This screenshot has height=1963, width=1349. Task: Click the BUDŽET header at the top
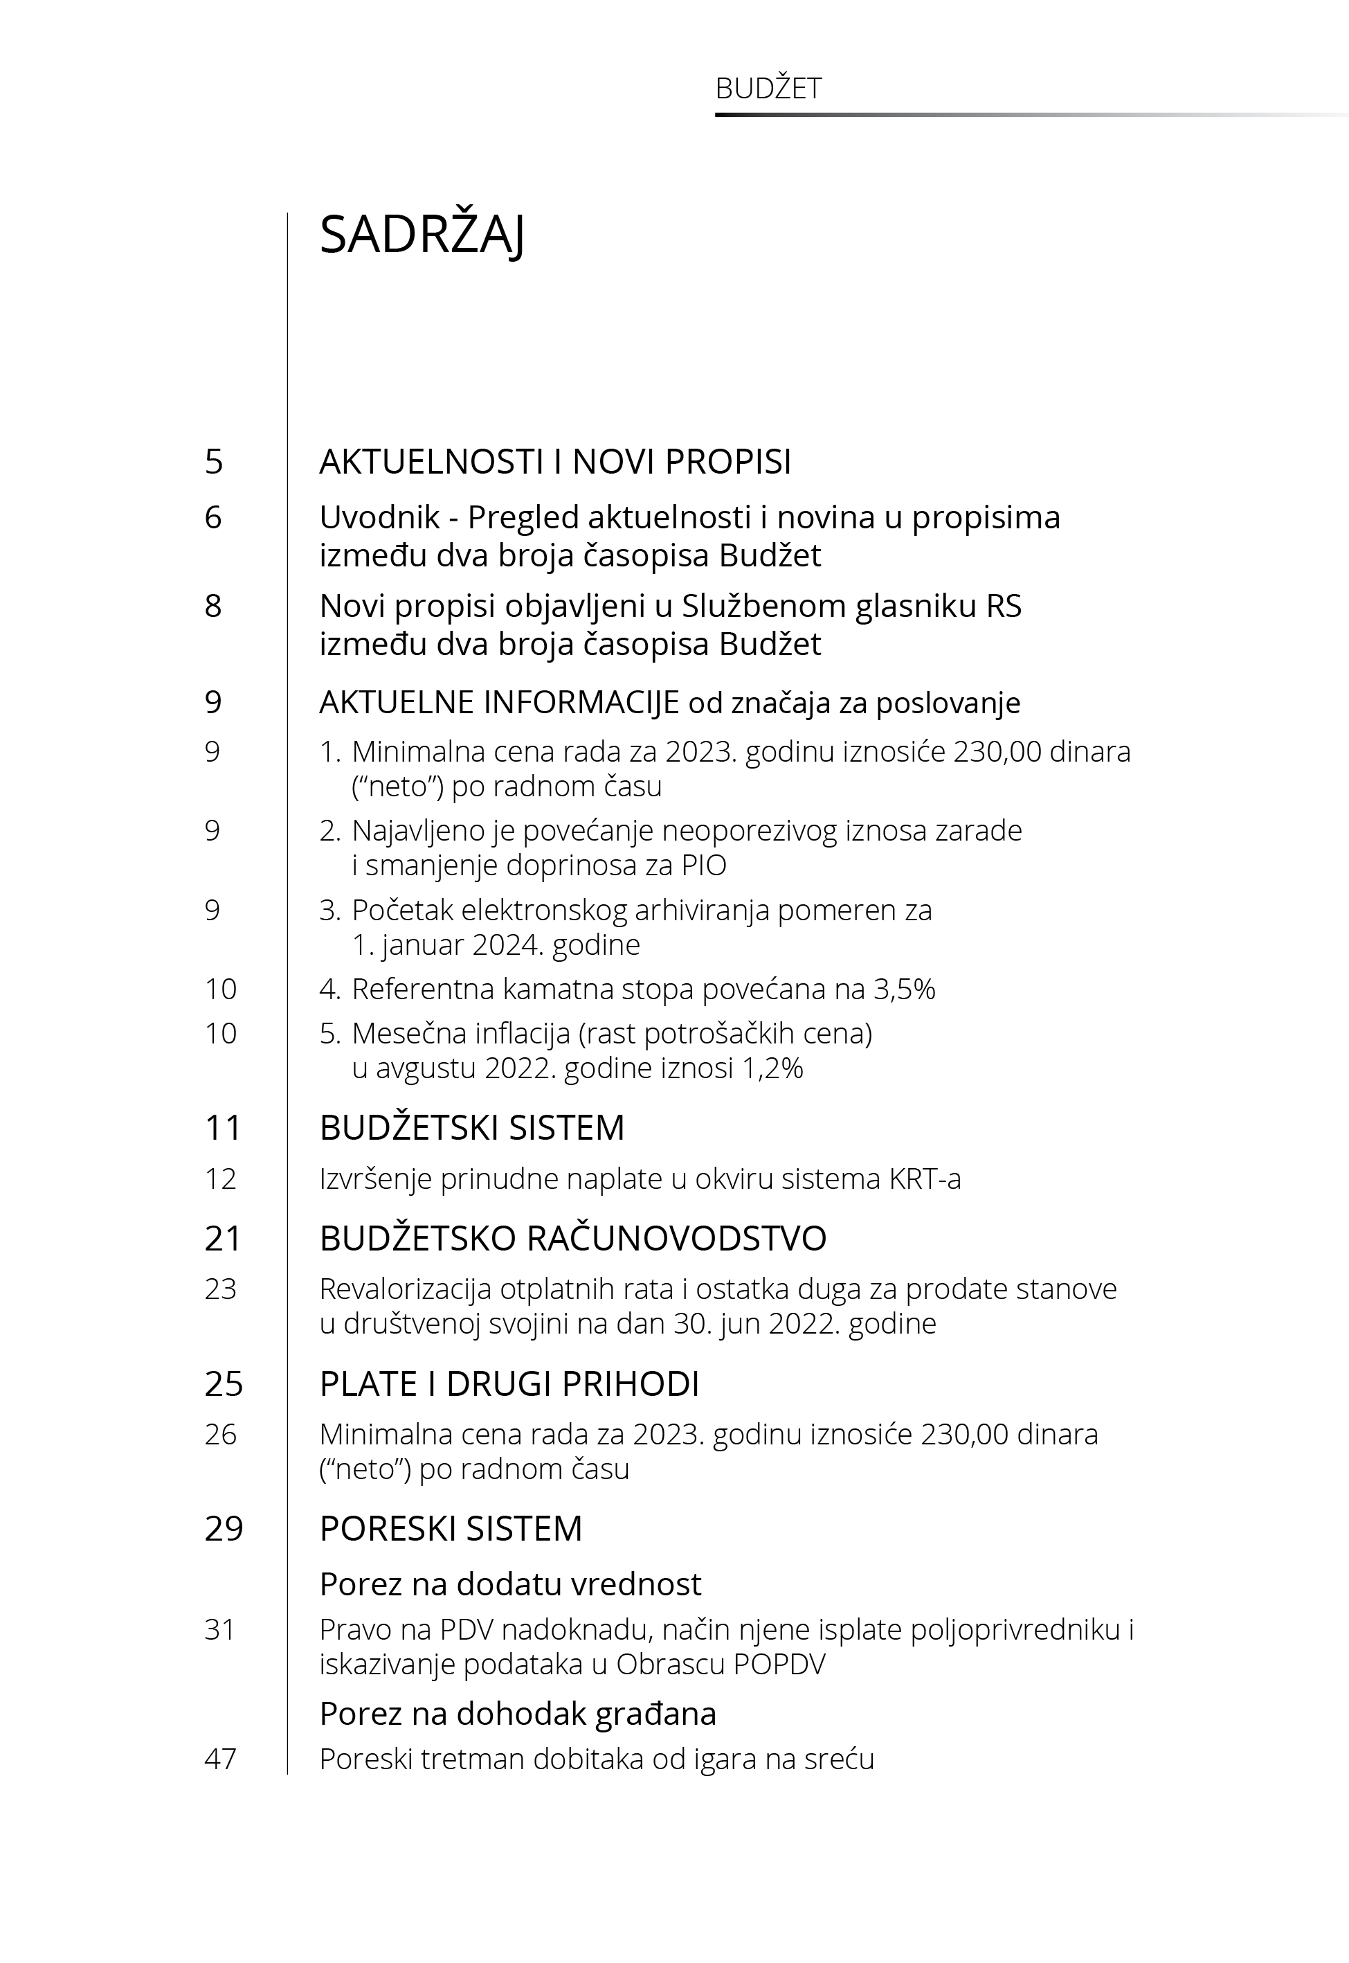[x=768, y=89]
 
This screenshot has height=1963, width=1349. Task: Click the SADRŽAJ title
[x=422, y=235]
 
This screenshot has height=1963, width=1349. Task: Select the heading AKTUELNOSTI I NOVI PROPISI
[x=554, y=462]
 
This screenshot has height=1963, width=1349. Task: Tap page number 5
[x=214, y=462]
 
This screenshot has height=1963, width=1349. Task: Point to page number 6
[x=214, y=517]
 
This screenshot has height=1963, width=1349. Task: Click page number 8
[x=214, y=606]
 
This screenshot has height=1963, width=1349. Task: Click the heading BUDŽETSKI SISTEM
[x=471, y=1128]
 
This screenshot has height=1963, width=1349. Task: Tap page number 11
[x=223, y=1128]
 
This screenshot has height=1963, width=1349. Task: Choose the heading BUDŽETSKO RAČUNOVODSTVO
[x=572, y=1239]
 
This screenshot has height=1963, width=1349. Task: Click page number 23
[x=221, y=1289]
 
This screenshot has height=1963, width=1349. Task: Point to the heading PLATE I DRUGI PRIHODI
[x=509, y=1384]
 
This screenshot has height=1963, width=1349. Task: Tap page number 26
[x=221, y=1434]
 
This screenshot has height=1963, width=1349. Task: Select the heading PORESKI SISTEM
[x=451, y=1528]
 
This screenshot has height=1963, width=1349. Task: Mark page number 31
[x=220, y=1629]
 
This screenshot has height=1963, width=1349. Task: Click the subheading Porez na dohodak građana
[x=517, y=1714]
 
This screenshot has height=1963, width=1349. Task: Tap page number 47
[x=221, y=1759]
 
